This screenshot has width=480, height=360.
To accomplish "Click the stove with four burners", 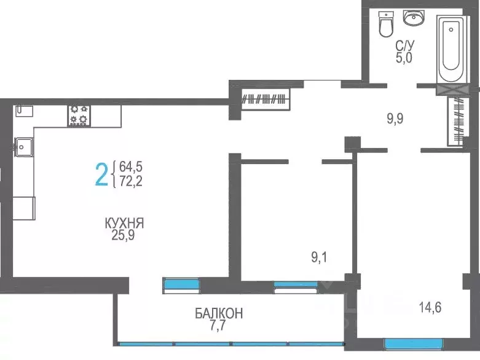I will [x=78, y=114].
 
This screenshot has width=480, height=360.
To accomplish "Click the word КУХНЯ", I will [x=128, y=222].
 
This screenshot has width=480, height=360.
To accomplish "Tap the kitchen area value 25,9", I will [x=128, y=234].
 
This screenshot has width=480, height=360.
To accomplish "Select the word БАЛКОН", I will [x=219, y=313].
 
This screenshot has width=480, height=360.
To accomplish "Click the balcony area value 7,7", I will [x=219, y=325].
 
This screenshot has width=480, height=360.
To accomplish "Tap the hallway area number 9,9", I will [x=395, y=118].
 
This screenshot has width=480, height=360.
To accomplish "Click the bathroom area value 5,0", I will [x=404, y=58].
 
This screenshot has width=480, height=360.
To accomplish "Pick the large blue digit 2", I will [x=101, y=174].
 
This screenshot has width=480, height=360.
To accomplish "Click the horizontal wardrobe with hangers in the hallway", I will [x=265, y=98].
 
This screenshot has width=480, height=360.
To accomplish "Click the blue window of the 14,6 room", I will [x=413, y=343].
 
